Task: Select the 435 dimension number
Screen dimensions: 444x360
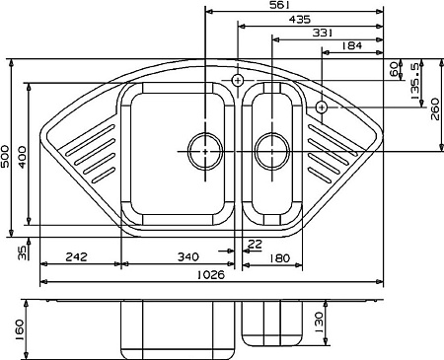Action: (299, 20)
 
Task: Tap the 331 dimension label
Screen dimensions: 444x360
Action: (323, 33)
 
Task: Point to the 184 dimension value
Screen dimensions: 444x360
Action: (351, 45)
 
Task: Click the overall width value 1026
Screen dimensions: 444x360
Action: (211, 274)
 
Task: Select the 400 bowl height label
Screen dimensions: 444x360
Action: (22, 157)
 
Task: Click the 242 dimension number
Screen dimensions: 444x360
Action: (77, 256)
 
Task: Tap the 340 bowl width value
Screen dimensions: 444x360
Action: (188, 256)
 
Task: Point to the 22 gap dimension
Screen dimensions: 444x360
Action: (255, 244)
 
